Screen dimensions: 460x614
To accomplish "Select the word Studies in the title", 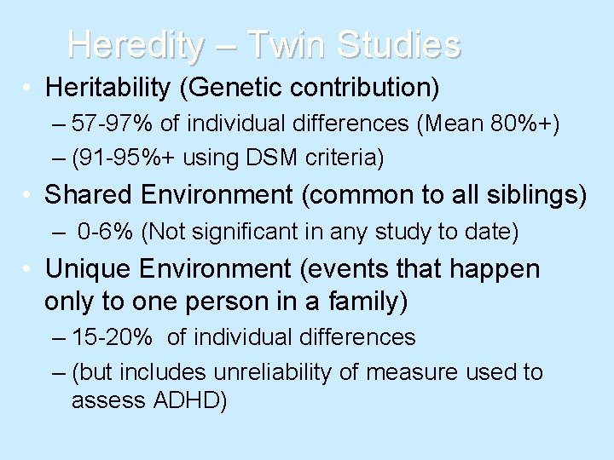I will [x=399, y=44].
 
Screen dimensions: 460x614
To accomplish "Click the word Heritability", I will [x=108, y=87].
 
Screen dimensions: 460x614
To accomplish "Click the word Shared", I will [x=84, y=195].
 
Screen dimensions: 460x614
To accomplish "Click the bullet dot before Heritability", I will [x=29, y=88].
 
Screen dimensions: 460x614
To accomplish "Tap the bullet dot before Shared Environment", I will [x=29, y=196].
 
